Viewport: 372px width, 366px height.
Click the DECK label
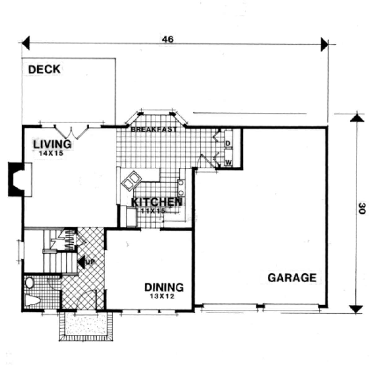click(x=44, y=69)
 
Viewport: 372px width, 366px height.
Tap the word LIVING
click(x=52, y=144)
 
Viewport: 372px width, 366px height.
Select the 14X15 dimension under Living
click(x=51, y=154)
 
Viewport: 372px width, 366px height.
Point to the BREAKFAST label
click(x=154, y=129)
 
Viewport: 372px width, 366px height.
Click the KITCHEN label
click(x=157, y=202)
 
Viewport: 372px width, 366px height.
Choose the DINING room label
click(x=164, y=287)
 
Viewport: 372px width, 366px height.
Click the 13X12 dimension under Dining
click(x=162, y=296)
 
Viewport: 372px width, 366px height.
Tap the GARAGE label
click(x=292, y=278)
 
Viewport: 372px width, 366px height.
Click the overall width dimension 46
click(x=168, y=39)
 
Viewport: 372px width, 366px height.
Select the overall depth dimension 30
click(x=360, y=208)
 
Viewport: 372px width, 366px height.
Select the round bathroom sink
click(x=30, y=283)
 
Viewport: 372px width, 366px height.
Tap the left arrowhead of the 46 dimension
click(x=26, y=43)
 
